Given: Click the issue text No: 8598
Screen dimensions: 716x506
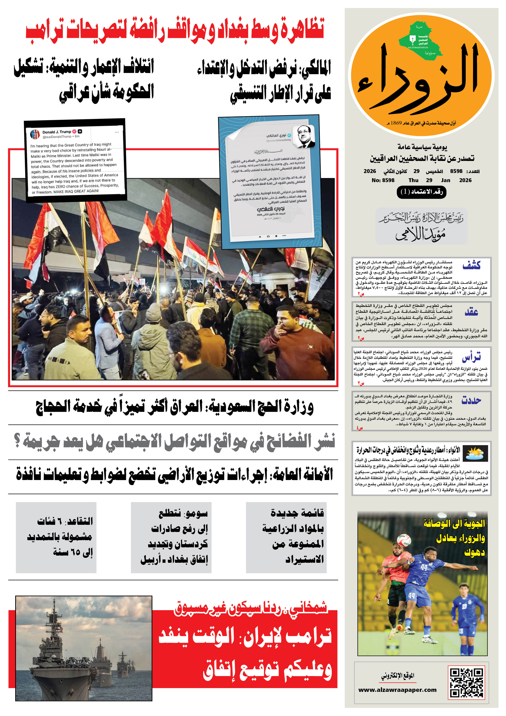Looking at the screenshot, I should [x=383, y=180].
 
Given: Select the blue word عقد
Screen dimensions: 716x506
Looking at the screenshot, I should [x=471, y=312].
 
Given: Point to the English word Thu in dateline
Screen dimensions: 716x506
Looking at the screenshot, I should [x=413, y=180].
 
